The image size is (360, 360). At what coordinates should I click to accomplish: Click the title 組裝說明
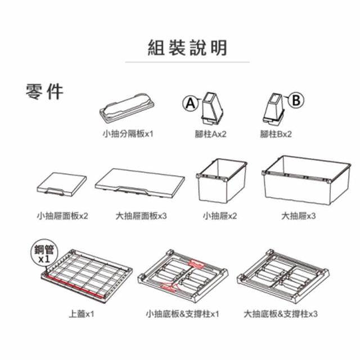pos(187,47)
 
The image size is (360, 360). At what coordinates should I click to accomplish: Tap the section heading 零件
pos(44,91)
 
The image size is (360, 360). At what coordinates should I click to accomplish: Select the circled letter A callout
pos(190,103)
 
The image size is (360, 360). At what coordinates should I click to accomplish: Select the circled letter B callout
pos(296,100)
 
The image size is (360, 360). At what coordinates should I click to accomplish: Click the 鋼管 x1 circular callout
pos(44,254)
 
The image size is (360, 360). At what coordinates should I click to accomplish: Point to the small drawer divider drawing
pos(127,107)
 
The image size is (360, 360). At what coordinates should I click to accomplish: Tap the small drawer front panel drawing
pos(61,184)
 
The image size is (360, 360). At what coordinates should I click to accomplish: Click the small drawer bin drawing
pos(222,181)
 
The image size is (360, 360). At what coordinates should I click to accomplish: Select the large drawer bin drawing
pos(307,180)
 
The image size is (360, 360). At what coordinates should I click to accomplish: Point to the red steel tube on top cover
pos(74,286)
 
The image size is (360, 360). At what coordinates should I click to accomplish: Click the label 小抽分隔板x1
pos(128,134)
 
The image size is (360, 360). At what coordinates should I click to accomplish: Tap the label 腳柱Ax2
pos(210,134)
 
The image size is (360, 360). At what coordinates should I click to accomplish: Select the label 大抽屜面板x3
pos(141,216)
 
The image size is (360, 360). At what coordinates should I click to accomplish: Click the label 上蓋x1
pos(82,314)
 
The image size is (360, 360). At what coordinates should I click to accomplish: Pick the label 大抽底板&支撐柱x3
pos(281,314)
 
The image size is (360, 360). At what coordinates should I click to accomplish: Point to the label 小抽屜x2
pos(220,216)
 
